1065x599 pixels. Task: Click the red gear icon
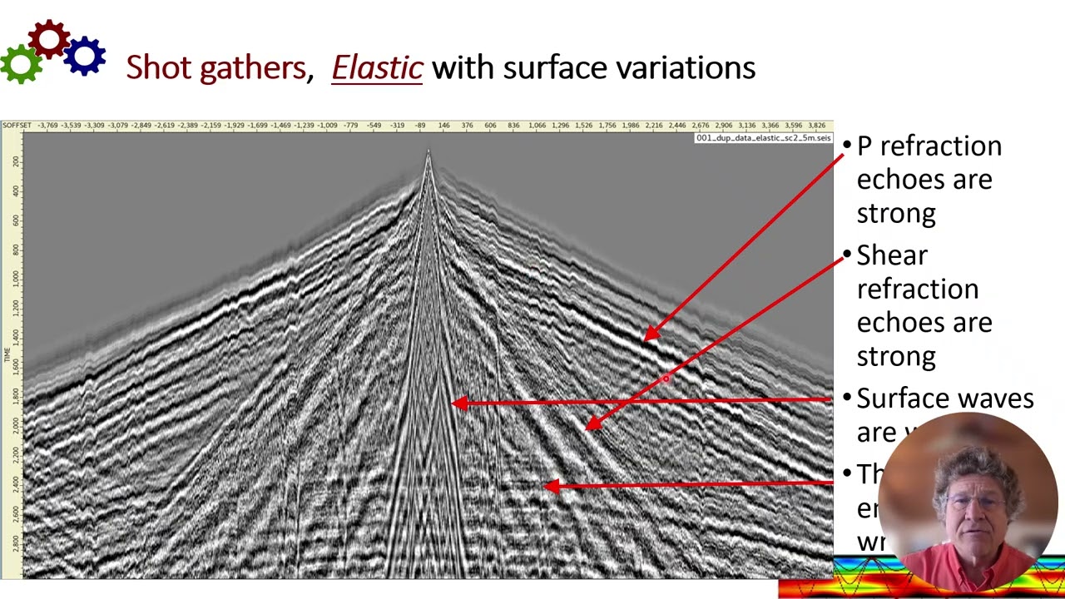tap(48, 39)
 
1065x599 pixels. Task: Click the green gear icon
tap(21, 62)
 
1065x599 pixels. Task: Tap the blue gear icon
tap(84, 56)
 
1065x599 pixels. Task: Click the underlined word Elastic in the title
tap(377, 67)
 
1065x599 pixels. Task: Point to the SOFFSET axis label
tap(17, 126)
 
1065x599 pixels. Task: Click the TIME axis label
tap(7, 354)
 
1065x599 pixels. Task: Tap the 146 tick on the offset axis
tap(443, 126)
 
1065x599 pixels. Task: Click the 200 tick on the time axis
tap(16, 160)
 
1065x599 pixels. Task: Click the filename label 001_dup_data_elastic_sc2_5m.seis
tap(763, 138)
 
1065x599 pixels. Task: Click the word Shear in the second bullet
tap(892, 255)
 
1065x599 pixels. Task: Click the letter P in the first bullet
tap(864, 146)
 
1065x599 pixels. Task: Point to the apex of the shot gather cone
tap(428, 152)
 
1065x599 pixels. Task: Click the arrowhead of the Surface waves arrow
tap(457, 403)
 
